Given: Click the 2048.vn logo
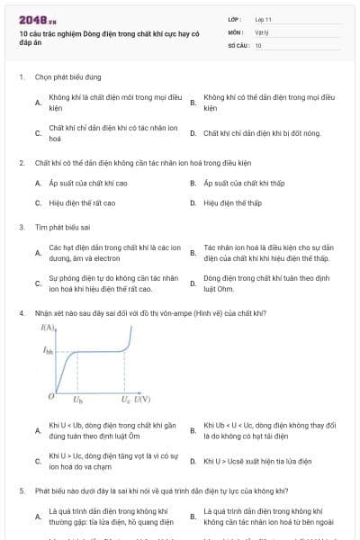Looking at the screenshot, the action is point(38,19).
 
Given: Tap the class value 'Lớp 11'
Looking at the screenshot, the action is point(264,18).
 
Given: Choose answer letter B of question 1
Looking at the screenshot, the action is point(193,103).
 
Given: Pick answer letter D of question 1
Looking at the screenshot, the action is point(193,132).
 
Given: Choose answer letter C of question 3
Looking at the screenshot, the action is point(38,283).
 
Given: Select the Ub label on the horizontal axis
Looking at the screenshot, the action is point(77,399).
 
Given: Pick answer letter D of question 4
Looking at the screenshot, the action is point(193,461).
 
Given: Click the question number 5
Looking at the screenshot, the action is point(21,491).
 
